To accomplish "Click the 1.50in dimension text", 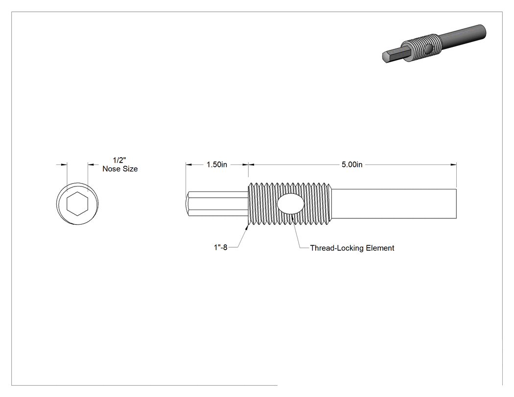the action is [x=217, y=164].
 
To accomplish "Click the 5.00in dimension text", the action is [x=352, y=164].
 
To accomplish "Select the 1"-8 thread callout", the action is [x=221, y=248].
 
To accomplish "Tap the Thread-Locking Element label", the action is [x=352, y=248].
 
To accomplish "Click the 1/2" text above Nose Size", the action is [x=119, y=160].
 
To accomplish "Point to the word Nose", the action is [x=110, y=169].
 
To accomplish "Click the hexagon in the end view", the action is [x=77, y=204].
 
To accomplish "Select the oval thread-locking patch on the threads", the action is [x=290, y=204].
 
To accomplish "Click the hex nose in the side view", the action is [x=217, y=204].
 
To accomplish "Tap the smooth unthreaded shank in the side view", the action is [x=394, y=204].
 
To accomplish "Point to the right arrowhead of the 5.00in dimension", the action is [x=453, y=164].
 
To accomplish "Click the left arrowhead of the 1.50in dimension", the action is [x=189, y=164].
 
